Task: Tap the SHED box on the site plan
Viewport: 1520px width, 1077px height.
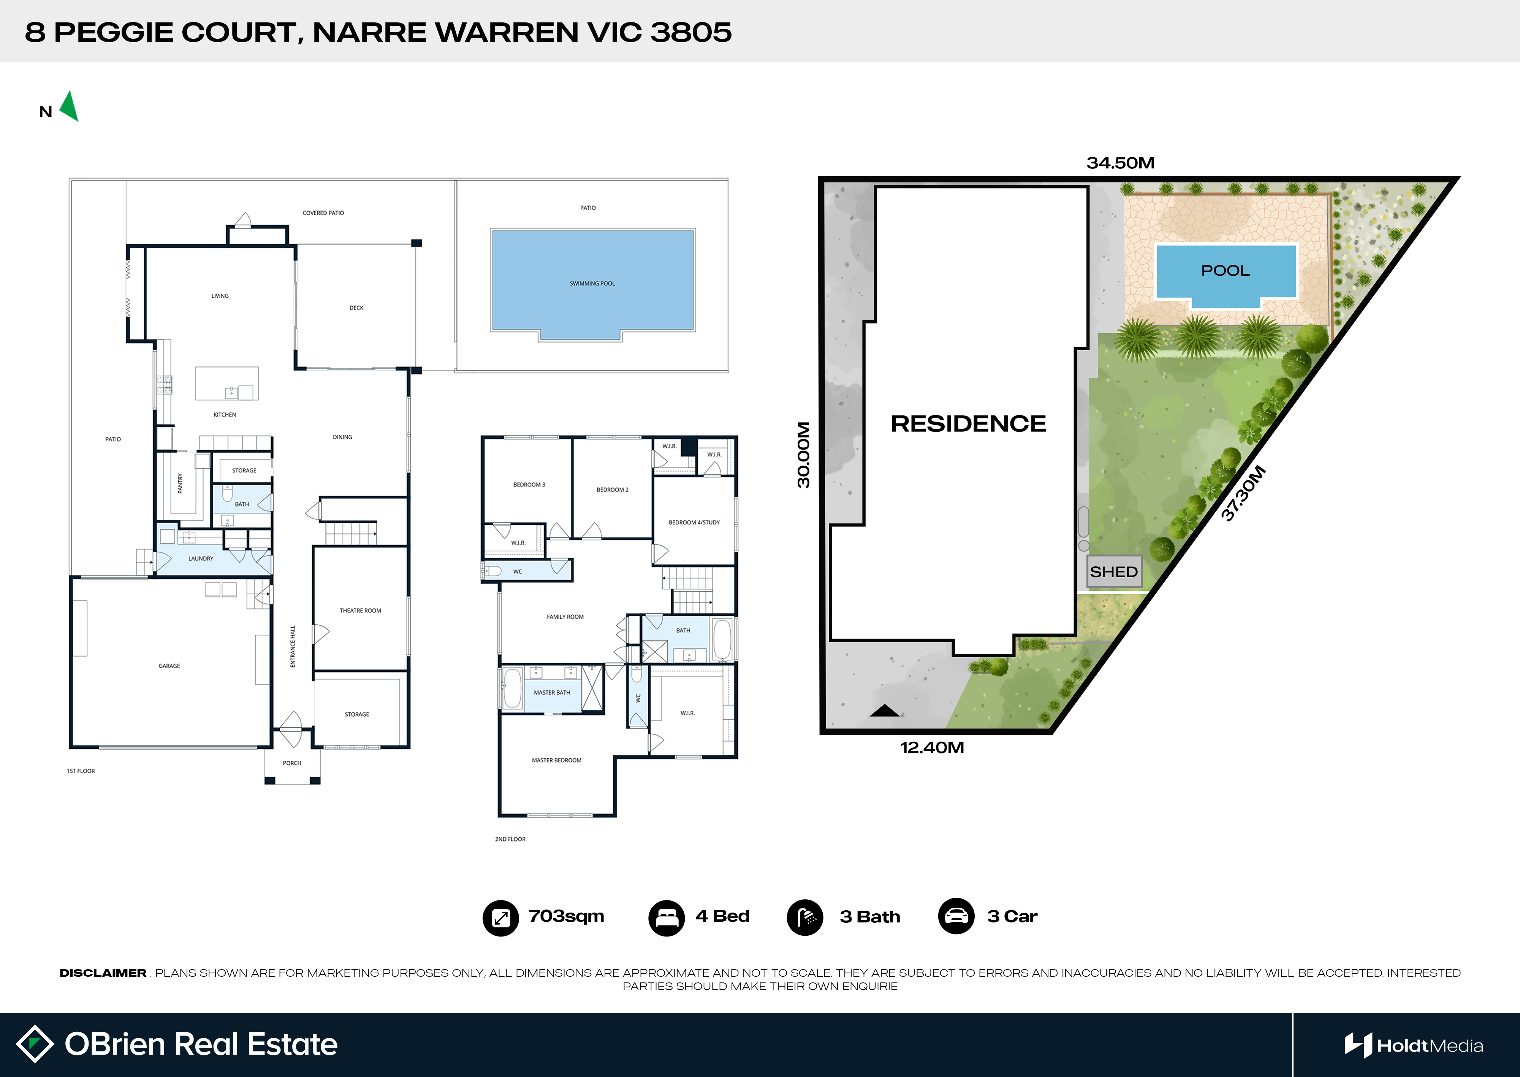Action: [x=1114, y=572]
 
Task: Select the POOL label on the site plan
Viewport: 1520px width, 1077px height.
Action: [x=1225, y=270]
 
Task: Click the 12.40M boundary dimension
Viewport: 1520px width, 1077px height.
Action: [x=932, y=747]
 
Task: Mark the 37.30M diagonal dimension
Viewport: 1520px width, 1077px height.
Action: [x=1244, y=493]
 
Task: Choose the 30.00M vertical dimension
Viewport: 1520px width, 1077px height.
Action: [x=803, y=455]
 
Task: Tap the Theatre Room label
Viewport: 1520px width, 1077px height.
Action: [x=360, y=611]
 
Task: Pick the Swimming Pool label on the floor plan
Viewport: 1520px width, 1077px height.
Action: [x=592, y=284]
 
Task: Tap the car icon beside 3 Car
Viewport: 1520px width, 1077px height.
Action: [x=956, y=916]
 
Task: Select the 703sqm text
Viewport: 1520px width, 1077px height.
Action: [x=566, y=916]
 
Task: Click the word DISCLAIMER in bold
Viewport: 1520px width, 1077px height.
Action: [x=103, y=973]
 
